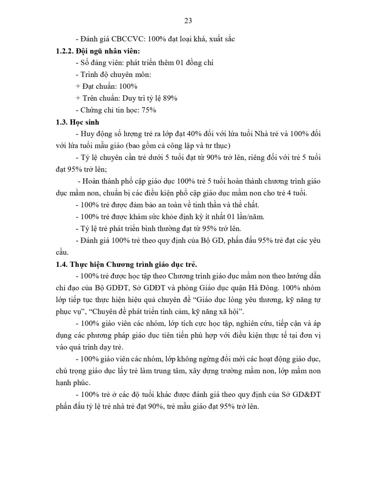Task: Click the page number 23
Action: click(x=188, y=21)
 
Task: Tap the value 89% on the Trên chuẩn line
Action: click(x=170, y=98)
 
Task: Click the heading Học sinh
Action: click(x=85, y=122)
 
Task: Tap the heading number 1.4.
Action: click(x=61, y=265)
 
